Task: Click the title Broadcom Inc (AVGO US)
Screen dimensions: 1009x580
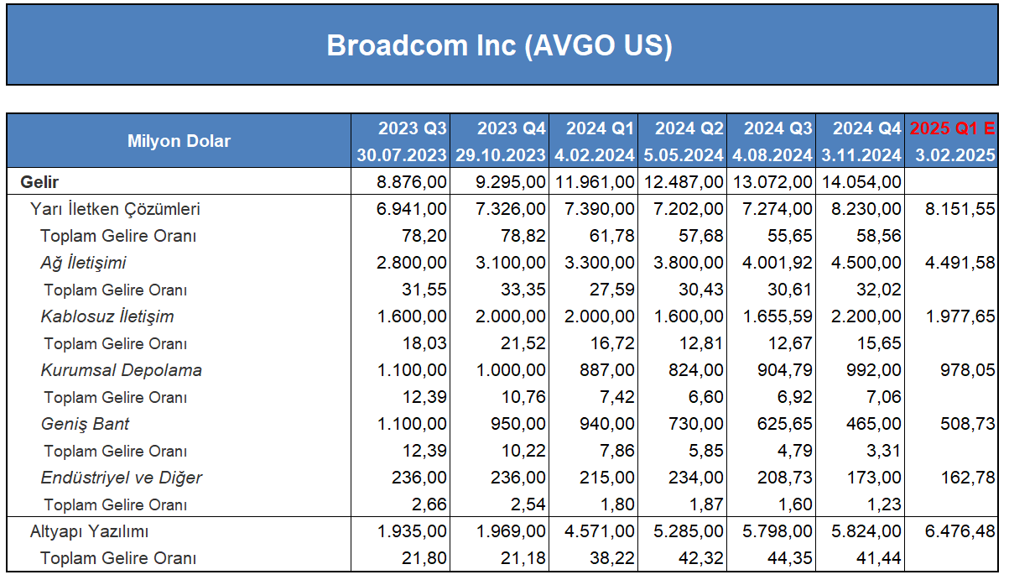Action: point(500,45)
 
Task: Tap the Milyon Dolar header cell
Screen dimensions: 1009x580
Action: point(179,141)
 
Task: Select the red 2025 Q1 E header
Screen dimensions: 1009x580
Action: point(952,128)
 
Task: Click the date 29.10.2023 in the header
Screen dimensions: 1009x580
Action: point(501,155)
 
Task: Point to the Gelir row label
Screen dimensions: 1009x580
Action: point(39,182)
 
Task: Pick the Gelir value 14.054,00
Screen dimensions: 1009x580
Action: point(861,182)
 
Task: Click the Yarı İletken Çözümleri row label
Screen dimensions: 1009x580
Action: point(115,209)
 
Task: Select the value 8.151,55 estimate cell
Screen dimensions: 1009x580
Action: point(960,209)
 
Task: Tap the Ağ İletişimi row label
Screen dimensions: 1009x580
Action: point(83,263)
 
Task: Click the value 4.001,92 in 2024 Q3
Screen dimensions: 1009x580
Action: point(778,263)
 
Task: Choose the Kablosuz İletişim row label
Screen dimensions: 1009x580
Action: point(107,316)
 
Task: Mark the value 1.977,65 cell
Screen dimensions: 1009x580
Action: point(960,316)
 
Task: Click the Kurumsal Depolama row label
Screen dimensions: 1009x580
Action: point(121,370)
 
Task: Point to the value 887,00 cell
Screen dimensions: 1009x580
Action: point(606,370)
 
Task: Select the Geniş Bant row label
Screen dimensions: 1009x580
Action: point(85,424)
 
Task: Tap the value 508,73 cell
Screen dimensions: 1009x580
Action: point(968,424)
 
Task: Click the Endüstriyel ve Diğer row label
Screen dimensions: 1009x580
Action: point(121,478)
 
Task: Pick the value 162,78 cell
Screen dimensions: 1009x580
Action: point(968,478)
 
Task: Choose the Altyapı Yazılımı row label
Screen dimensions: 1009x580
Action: point(89,531)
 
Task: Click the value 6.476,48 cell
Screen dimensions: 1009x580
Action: point(960,531)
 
